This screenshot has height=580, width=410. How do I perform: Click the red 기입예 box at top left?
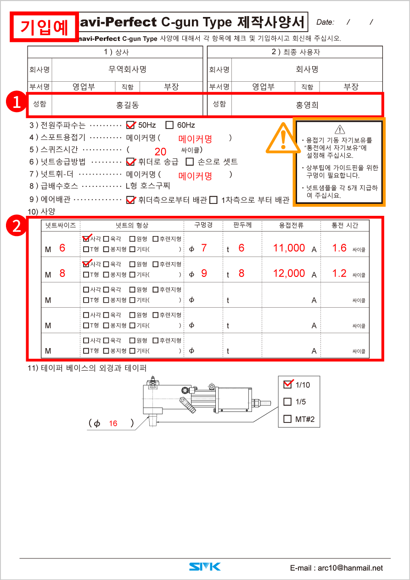[x=44, y=27]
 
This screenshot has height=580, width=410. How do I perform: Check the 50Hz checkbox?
[x=131, y=125]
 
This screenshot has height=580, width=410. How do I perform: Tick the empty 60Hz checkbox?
[x=169, y=125]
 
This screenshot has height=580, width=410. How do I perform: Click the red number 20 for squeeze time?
[x=160, y=152]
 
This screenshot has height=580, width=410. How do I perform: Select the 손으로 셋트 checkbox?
[x=190, y=162]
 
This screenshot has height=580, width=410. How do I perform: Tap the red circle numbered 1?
[x=17, y=102]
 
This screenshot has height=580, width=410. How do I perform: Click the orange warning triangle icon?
[x=282, y=138]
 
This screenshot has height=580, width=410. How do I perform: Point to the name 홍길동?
[x=127, y=105]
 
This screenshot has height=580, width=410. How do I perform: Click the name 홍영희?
[x=307, y=105]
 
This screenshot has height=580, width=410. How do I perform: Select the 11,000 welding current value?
[x=289, y=248]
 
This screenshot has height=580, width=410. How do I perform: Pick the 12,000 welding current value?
[x=289, y=273]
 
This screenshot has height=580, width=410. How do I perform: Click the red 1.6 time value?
[x=339, y=248]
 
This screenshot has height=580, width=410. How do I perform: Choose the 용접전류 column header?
[x=291, y=225]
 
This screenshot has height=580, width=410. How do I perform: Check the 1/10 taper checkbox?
[x=288, y=384]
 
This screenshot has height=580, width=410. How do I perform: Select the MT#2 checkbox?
[x=288, y=419]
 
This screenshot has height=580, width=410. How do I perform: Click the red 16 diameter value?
[x=113, y=424]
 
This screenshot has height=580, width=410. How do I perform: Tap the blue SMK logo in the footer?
[x=205, y=567]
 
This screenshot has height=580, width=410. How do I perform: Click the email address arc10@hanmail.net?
[x=336, y=568]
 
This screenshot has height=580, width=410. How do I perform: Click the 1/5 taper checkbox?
[x=288, y=402]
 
